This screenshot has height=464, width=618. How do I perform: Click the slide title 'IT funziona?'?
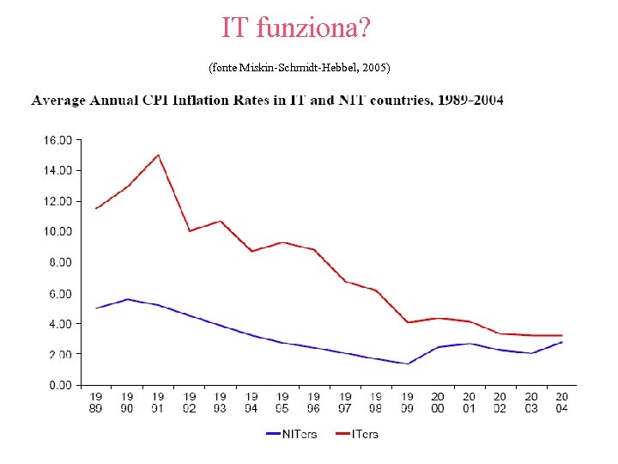(x=296, y=27)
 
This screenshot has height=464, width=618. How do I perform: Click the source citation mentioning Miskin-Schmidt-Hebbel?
(x=300, y=66)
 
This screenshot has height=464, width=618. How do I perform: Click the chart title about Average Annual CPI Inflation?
(x=268, y=101)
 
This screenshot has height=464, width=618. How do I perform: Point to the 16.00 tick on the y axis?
(x=58, y=139)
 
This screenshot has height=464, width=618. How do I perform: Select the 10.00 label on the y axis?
(x=58, y=231)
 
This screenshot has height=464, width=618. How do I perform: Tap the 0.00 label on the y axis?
(x=59, y=385)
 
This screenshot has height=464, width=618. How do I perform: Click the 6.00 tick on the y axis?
(x=59, y=293)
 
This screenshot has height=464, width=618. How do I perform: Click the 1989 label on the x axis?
(x=95, y=402)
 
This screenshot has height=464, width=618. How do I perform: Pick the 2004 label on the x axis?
(x=561, y=402)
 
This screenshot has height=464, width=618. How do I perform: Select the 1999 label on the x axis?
(x=406, y=402)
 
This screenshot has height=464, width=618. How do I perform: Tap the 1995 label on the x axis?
(x=282, y=402)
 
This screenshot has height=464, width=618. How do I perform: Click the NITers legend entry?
(x=291, y=434)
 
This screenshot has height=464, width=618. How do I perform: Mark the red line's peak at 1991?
(x=158, y=155)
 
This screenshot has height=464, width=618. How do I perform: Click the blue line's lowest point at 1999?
(x=407, y=363)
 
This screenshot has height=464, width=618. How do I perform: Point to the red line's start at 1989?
(x=96, y=208)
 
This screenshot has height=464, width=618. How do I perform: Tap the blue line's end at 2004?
(x=562, y=342)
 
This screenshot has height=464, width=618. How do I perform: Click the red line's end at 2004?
(x=562, y=335)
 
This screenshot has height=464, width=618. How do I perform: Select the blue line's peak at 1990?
(x=127, y=299)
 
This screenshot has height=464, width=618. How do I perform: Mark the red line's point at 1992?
(x=190, y=231)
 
